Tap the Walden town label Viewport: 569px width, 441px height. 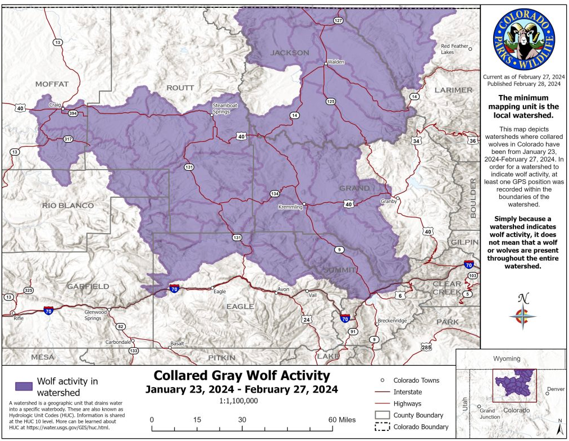click(x=336, y=62)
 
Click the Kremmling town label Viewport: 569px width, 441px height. click(x=290, y=207)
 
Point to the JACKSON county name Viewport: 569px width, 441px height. click(x=290, y=53)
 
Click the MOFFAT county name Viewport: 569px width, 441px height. click(x=52, y=84)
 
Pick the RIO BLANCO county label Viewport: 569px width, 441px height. click(x=68, y=206)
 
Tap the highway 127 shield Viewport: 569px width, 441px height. click(x=338, y=21)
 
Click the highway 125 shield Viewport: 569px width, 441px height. click(x=331, y=101)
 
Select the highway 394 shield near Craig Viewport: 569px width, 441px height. click(x=72, y=113)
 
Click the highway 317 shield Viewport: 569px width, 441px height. click(x=69, y=139)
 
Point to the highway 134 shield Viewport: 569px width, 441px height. click(x=274, y=194)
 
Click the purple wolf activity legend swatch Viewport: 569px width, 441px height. click(x=24, y=387)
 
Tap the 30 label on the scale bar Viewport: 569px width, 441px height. click(x=242, y=420)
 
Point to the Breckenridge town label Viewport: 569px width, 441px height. click(x=392, y=321)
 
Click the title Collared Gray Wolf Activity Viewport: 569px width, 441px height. click(x=242, y=375)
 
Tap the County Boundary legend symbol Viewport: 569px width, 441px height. click(x=382, y=415)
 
